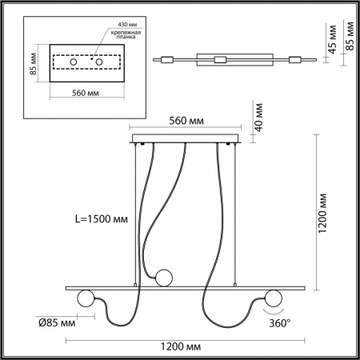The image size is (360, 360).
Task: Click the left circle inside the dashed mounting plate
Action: click(x=72, y=61)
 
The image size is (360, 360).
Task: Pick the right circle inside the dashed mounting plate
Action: click(x=102, y=61)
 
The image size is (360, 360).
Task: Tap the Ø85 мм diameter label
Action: click(x=58, y=322)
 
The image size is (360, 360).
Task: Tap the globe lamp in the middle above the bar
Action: click(x=165, y=277)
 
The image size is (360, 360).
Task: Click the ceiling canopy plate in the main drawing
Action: click(x=186, y=139)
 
